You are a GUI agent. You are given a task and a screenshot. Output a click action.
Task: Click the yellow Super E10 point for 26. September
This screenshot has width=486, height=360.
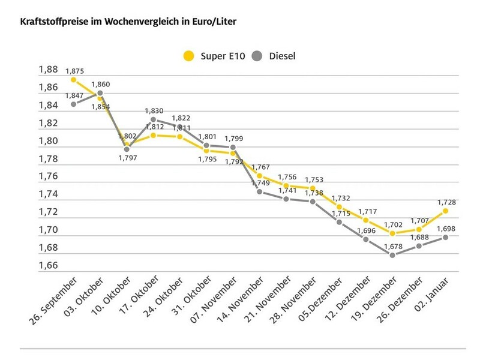(x=73, y=79)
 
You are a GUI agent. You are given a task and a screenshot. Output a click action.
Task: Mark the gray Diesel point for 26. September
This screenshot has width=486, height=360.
(x=73, y=104)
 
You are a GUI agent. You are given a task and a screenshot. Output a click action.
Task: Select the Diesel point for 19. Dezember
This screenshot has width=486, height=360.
(x=392, y=255)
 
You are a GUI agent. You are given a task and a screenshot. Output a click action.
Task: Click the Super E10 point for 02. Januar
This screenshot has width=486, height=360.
(x=445, y=211)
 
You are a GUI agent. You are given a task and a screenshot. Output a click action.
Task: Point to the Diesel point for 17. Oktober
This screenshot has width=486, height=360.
(x=153, y=119)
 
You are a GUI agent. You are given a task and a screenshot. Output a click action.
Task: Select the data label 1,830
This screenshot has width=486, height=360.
(x=154, y=111)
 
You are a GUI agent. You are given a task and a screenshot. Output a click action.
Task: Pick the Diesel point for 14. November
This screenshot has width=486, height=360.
(x=259, y=191)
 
